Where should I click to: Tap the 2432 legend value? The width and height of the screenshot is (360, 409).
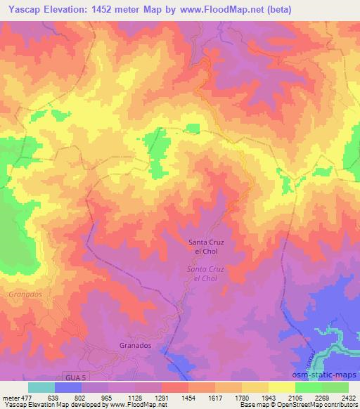coord(347,397)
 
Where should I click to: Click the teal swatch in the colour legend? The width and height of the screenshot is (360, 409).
coord(41,387)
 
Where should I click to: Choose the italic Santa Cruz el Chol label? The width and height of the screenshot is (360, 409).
coord(207,274)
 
